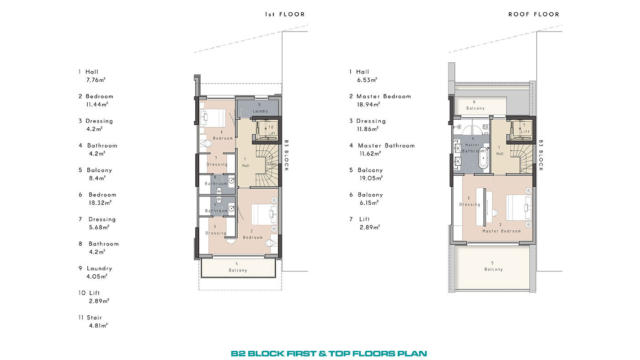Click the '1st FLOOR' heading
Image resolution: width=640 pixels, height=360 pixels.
[285, 14]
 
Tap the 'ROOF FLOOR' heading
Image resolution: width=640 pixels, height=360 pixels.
[534, 14]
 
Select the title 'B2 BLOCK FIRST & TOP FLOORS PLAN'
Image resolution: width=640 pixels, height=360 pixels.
[329, 354]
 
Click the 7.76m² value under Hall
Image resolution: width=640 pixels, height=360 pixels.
[96, 80]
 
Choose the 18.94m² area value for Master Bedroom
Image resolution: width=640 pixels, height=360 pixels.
[368, 105]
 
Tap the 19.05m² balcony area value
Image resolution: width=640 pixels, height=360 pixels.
[371, 178]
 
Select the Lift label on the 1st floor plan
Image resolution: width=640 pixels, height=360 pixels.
[272, 133]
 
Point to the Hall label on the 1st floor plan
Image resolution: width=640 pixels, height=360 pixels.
[246, 165]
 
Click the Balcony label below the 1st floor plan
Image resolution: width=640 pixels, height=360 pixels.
[238, 270]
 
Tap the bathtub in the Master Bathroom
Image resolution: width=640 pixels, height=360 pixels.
[483, 158]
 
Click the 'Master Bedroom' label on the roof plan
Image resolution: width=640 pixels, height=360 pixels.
[501, 231]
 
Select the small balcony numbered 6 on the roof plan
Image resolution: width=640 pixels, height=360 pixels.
[480, 106]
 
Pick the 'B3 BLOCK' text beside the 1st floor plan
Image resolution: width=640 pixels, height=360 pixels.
[286, 155]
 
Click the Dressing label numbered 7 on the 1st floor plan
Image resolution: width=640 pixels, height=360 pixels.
[217, 164]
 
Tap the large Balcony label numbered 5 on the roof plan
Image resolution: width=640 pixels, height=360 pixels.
[493, 269]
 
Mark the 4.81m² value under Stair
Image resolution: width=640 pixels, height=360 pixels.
[98, 325]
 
